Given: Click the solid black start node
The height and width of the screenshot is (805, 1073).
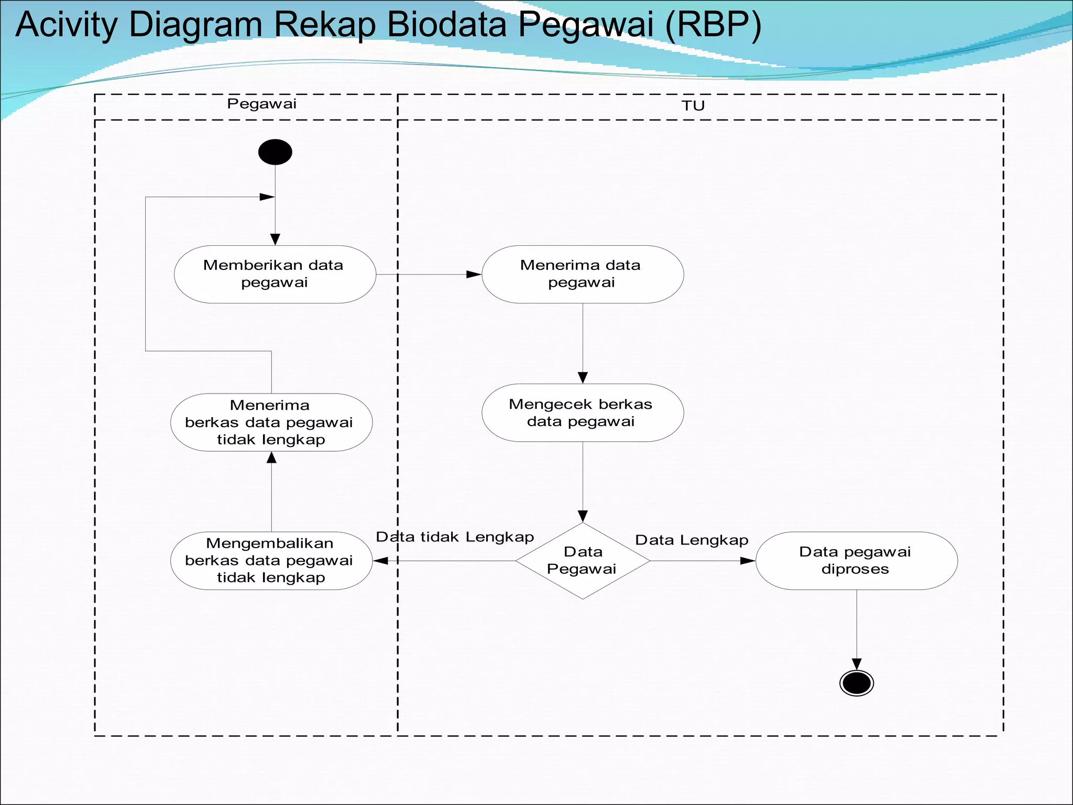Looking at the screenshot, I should tap(275, 152).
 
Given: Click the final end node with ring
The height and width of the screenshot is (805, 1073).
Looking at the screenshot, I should tap(856, 683).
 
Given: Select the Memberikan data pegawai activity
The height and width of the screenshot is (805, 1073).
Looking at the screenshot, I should tap(275, 274).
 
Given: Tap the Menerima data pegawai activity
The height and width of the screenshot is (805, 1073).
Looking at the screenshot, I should tap(582, 274).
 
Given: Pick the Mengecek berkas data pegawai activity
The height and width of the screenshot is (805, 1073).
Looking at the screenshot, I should tap(582, 413).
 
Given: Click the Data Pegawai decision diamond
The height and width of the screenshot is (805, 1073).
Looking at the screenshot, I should tap(583, 561).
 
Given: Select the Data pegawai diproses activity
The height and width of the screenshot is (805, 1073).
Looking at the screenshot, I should tap(856, 561).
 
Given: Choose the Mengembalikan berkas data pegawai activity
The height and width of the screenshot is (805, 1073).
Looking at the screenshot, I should tap(271, 561).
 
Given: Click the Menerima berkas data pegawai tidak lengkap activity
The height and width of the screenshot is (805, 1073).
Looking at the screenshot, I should tap(271, 422).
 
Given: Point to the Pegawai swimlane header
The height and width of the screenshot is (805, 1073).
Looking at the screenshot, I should tap(261, 104).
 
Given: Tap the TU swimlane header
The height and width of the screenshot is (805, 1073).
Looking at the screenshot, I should tap(693, 106).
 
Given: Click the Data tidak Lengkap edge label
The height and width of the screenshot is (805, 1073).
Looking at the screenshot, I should tap(455, 537).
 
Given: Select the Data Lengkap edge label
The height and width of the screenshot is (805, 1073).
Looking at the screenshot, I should tap(692, 540).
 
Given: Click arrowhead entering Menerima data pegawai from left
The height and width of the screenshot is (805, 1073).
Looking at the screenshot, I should tap(474, 274).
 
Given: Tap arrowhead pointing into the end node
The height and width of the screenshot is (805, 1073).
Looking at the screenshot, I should tap(857, 664).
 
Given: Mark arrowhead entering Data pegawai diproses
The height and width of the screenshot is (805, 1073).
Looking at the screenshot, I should tap(748, 561).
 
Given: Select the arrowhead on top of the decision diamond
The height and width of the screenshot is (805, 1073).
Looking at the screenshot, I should tap(583, 516).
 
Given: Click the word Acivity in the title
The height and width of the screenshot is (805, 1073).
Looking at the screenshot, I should tap(67, 25).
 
